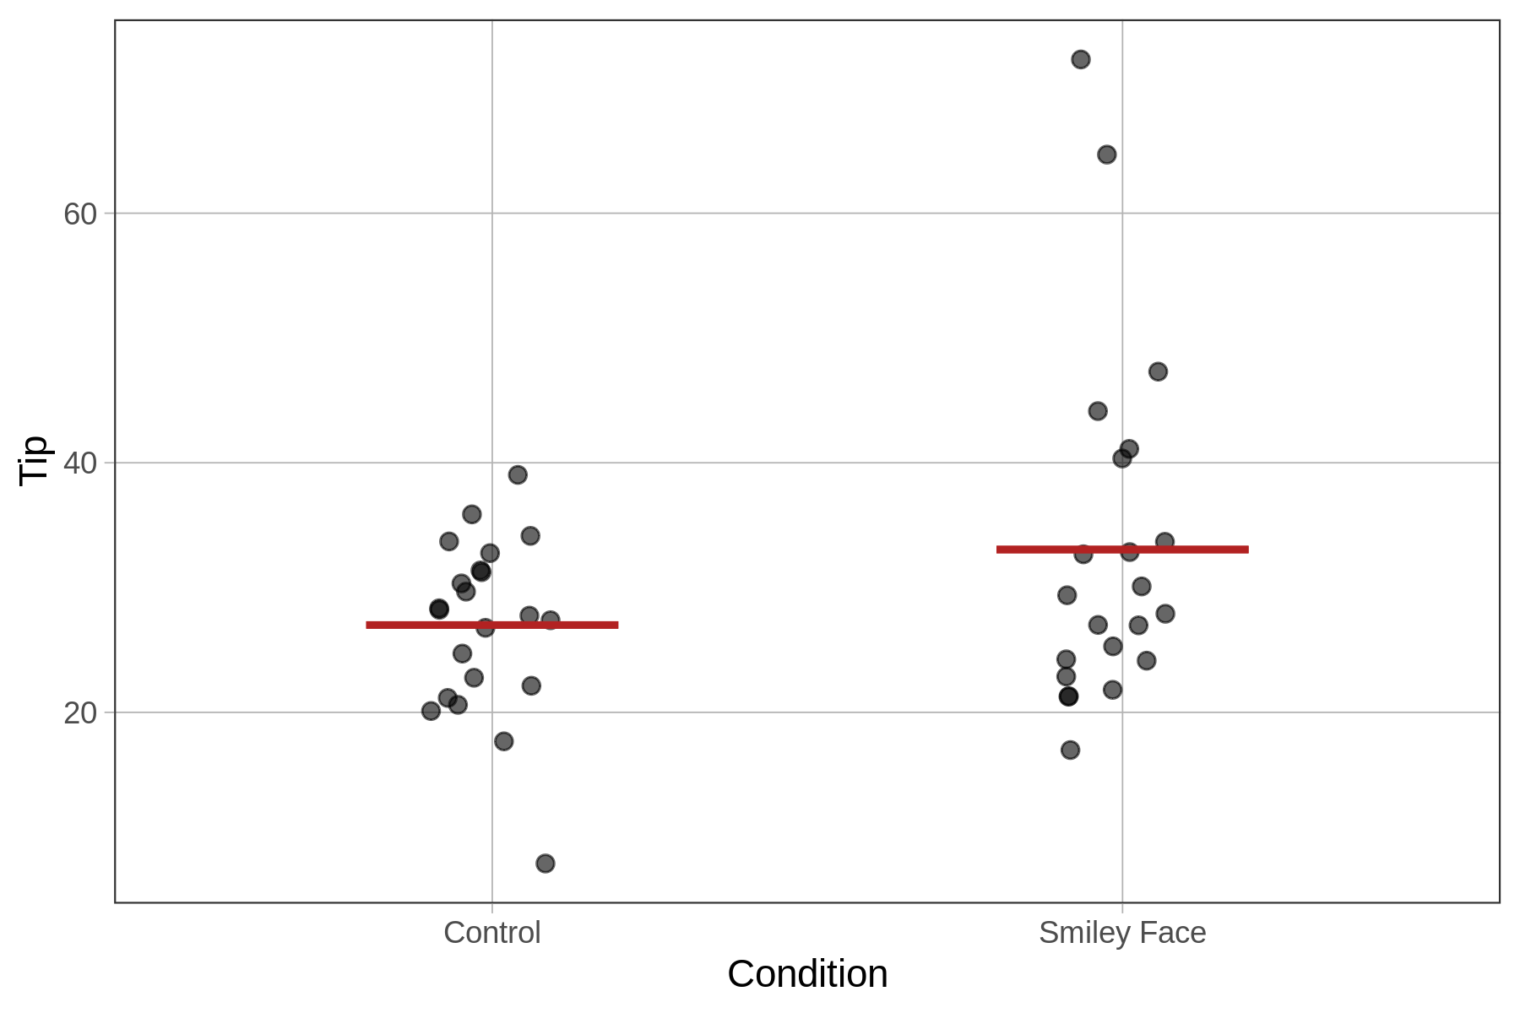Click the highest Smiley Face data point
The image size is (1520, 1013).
tap(1080, 59)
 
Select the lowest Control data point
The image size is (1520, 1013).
tap(545, 863)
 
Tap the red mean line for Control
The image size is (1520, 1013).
tap(491, 625)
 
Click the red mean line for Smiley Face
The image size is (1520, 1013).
tap(1121, 550)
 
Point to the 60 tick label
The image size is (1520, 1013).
tap(80, 214)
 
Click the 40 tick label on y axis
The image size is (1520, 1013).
tap(80, 463)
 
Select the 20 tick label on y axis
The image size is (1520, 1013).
tap(80, 713)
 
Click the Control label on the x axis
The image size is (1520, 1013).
tap(491, 933)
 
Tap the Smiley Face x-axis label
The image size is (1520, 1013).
tap(1121, 933)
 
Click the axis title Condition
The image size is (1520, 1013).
tap(806, 974)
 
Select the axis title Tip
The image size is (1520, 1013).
tap(34, 461)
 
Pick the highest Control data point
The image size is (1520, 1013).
tap(518, 474)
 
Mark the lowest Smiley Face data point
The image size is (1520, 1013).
tap(1070, 750)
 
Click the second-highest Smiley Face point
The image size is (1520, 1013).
tap(1106, 154)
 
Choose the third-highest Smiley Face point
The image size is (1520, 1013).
tap(1158, 371)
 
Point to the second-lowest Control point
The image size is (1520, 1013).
tap(503, 741)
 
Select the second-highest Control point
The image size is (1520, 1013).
tap(471, 514)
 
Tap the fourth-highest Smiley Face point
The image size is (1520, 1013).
tap(1097, 411)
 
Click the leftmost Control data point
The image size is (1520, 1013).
tap(431, 711)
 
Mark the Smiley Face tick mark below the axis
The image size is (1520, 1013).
tap(1121, 908)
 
